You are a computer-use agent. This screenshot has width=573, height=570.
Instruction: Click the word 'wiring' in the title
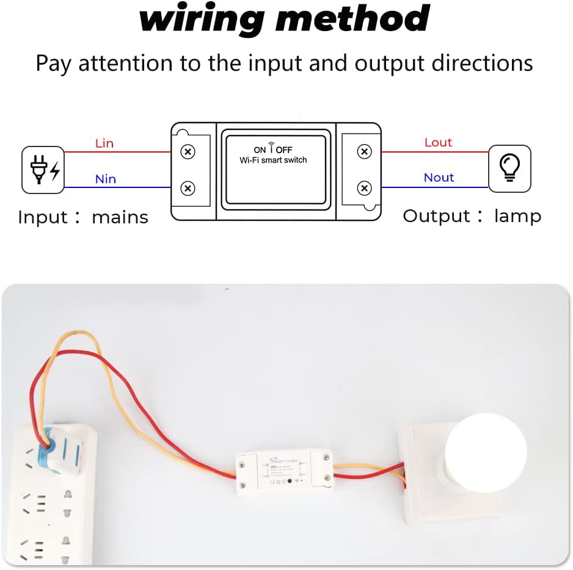pyautogui.click(x=202, y=19)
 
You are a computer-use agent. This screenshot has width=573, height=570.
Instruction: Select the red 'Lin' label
pyautogui.click(x=104, y=143)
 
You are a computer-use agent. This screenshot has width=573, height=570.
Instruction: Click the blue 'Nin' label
pyautogui.click(x=105, y=179)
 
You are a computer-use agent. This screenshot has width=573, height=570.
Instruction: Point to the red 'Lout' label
pyautogui.click(x=438, y=142)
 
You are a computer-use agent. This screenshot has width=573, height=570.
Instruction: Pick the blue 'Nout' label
pyautogui.click(x=439, y=178)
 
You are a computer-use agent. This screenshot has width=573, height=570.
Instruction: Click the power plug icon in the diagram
pyautogui.click(x=43, y=170)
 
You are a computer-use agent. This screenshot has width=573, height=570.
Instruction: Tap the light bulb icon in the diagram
pyautogui.click(x=509, y=168)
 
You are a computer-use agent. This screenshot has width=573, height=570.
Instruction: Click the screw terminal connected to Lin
pyautogui.click(x=188, y=151)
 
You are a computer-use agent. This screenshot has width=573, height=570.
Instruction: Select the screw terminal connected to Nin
pyautogui.click(x=188, y=189)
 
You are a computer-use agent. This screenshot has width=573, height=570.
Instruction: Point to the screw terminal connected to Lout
pyautogui.click(x=365, y=151)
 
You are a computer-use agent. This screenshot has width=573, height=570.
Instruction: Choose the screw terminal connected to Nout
pyautogui.click(x=365, y=188)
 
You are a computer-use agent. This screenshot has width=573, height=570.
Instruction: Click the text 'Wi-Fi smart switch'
pyautogui.click(x=273, y=160)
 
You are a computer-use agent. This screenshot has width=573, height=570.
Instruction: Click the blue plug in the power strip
pyautogui.click(x=56, y=452)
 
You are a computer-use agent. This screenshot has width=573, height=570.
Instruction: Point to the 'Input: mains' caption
pyautogui.click(x=83, y=217)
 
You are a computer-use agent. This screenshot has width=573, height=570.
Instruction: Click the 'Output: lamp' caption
pyautogui.click(x=472, y=216)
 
